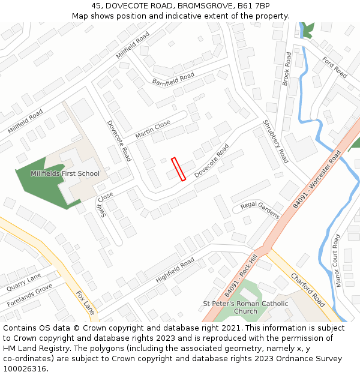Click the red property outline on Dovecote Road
coord(178,169)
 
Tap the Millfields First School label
coord(65,174)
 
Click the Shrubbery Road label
coord(275,141)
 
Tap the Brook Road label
coord(287,68)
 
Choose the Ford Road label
coord(335,67)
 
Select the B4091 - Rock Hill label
coord(240,275)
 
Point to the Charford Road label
coord(307,291)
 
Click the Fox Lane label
coord(85,302)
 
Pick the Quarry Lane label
coord(24,283)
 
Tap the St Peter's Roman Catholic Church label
coord(245,307)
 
